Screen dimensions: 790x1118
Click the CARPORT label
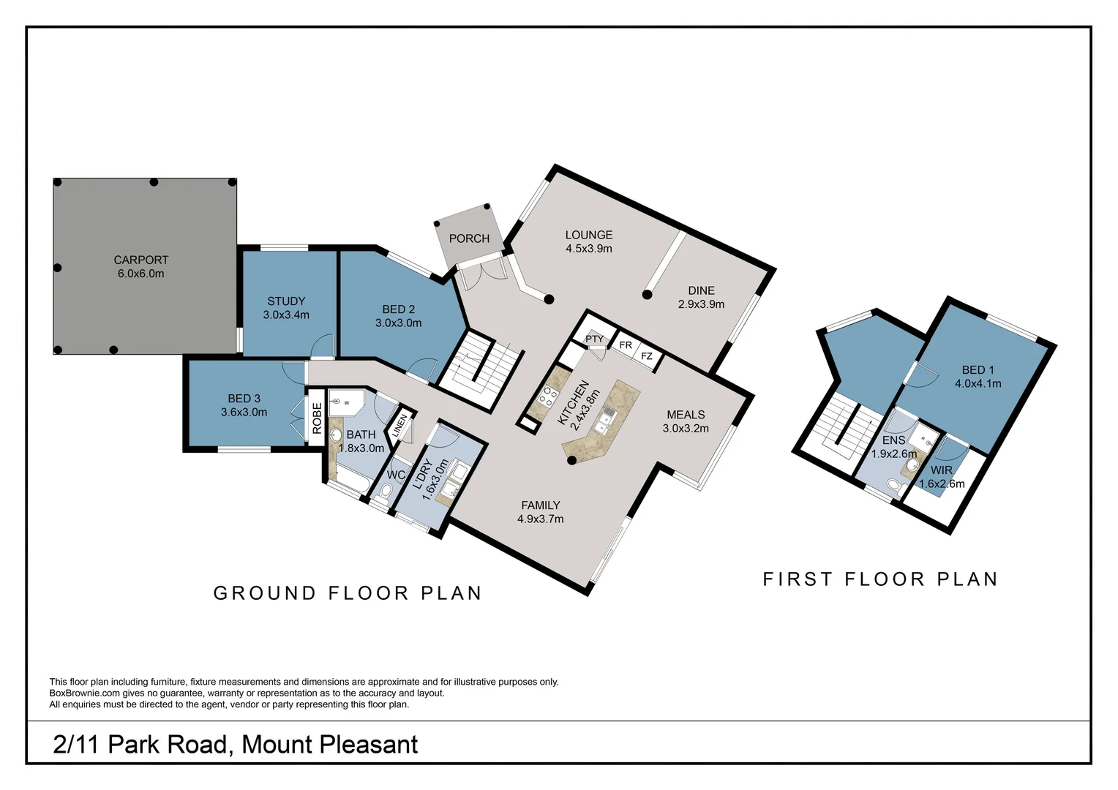click(x=140, y=260)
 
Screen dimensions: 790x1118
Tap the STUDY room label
click(x=286, y=301)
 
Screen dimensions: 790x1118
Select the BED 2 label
click(x=398, y=309)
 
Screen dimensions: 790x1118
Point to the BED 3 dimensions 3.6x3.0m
click(x=244, y=412)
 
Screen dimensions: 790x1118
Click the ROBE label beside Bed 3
click(x=317, y=418)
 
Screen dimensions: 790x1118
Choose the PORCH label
click(x=469, y=238)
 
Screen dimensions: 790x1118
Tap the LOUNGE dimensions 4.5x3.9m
click(x=588, y=249)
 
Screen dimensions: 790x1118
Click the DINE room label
click(x=701, y=290)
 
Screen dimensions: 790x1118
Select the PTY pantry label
click(x=594, y=339)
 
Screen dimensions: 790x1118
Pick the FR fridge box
click(x=626, y=345)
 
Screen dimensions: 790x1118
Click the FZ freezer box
click(x=647, y=356)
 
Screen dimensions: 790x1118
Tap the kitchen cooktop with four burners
click(x=548, y=397)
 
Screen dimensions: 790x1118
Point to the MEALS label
click(x=686, y=415)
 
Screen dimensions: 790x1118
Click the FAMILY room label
click(x=540, y=505)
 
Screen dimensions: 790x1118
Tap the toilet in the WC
click(x=386, y=491)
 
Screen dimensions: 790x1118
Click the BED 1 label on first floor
click(x=978, y=370)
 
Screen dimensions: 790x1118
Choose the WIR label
click(x=941, y=470)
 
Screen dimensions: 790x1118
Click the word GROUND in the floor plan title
click(x=264, y=593)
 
